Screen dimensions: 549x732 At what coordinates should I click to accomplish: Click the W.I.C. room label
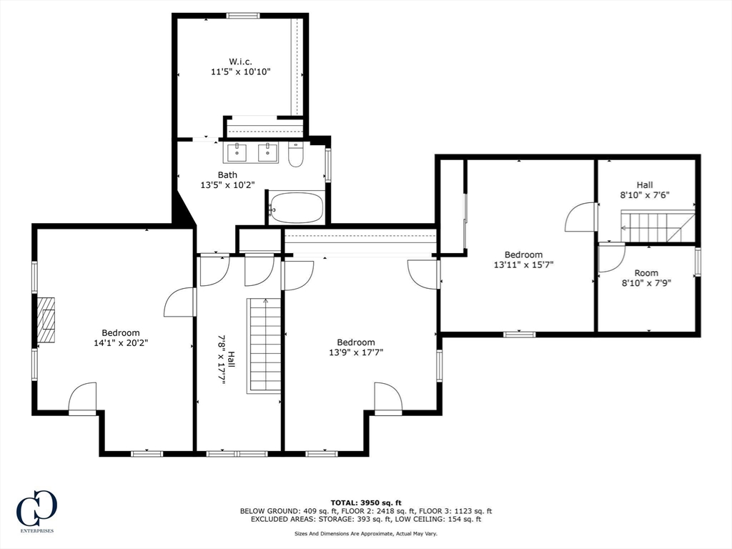[239, 61]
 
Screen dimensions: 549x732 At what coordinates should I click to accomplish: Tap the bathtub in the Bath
[295, 208]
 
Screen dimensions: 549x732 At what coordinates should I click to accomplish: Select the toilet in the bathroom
[296, 156]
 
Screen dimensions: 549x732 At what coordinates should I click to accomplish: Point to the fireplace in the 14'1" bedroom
[46, 320]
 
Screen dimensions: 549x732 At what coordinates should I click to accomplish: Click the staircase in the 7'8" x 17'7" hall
[264, 345]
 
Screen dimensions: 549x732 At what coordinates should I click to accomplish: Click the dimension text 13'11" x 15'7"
[523, 264]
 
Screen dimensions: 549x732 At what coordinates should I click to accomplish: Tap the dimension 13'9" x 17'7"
[356, 352]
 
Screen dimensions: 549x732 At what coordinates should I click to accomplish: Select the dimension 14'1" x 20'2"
[120, 342]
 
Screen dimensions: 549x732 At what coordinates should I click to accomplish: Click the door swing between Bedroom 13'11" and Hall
[580, 217]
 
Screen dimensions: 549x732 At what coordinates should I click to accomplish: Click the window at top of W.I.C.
[243, 16]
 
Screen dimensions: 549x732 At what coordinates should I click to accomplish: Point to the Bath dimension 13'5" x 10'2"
[227, 185]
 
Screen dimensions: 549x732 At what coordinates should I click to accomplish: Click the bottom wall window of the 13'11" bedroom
[519, 334]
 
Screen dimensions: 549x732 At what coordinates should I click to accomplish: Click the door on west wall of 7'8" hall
[180, 302]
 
